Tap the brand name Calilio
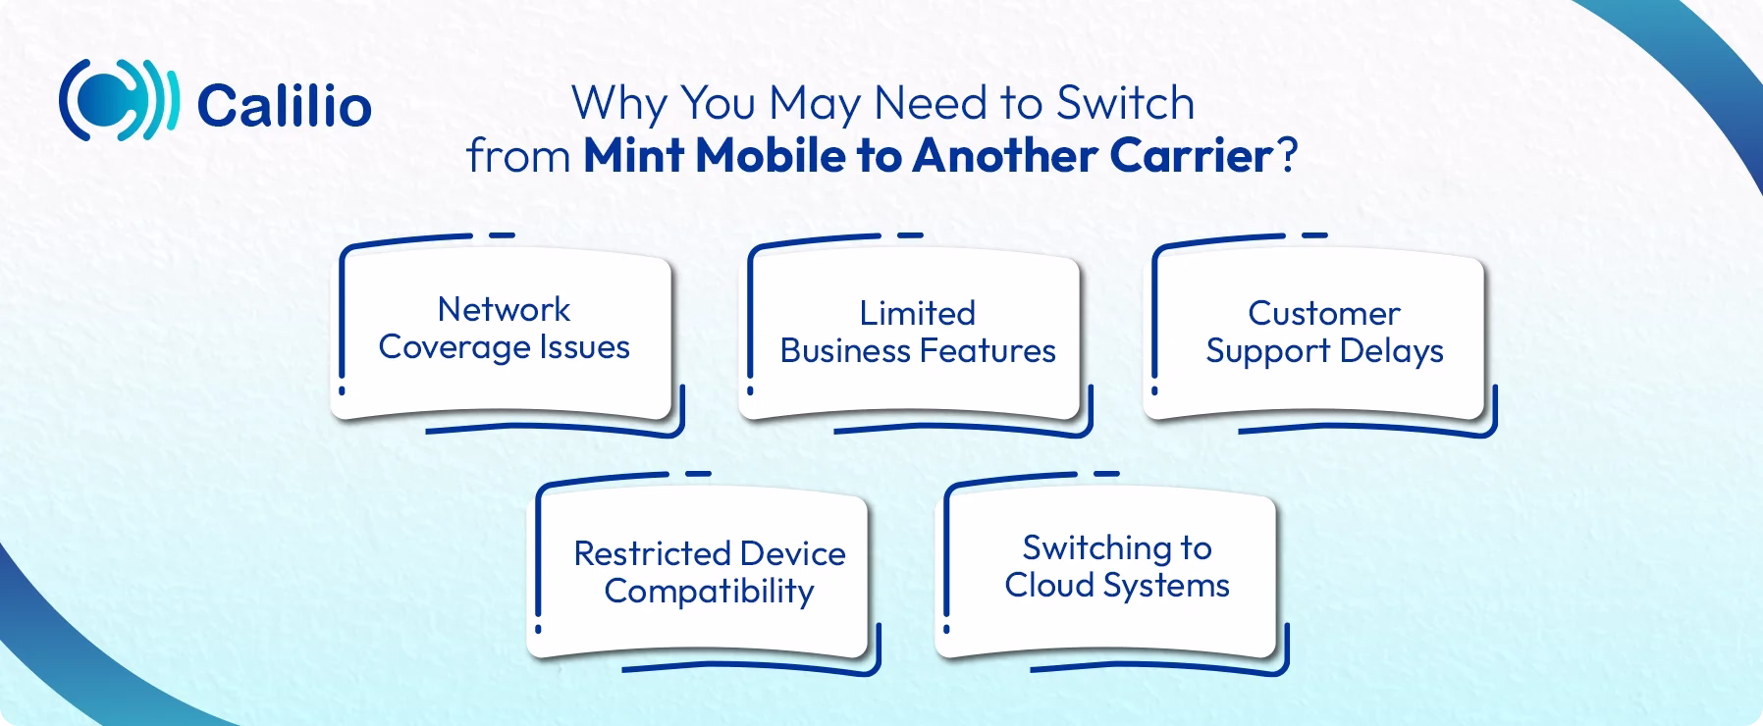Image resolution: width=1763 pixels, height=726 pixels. pos(284,105)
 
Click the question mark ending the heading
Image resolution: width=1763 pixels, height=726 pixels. pos(1286,156)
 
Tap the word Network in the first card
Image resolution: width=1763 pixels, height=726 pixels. pos(504,309)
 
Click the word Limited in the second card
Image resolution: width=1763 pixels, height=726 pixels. pos(917,313)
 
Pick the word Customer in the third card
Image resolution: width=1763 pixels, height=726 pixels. pos(1323,313)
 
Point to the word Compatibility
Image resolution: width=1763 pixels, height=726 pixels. pos(709,592)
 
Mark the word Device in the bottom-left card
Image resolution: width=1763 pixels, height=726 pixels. pos(793,553)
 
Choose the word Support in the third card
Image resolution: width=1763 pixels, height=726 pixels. pos(1267,351)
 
